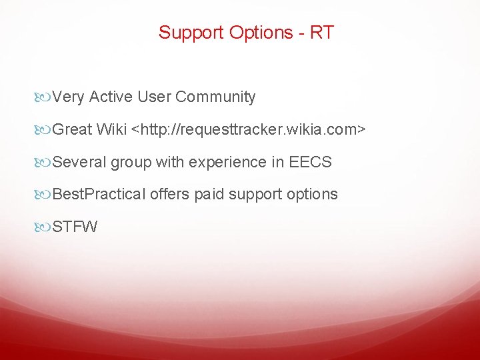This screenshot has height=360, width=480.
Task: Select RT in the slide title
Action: pos(322,33)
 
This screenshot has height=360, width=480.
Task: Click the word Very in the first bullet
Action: pos(68,97)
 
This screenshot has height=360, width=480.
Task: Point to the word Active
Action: pos(111,97)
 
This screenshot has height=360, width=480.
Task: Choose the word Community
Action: pos(215,97)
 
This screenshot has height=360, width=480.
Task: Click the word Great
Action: pos(72,129)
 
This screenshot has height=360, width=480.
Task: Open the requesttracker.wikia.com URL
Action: pos(249,129)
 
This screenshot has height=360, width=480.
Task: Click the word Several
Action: pos(79,162)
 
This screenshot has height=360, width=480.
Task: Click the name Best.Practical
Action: pos(99,195)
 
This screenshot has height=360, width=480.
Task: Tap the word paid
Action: pos(208,195)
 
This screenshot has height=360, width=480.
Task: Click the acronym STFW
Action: pos(75,227)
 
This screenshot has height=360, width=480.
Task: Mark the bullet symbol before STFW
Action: pos(45,227)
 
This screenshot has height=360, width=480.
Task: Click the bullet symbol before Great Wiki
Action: pos(45,129)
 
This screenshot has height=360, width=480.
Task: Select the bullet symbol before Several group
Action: pos(45,162)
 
